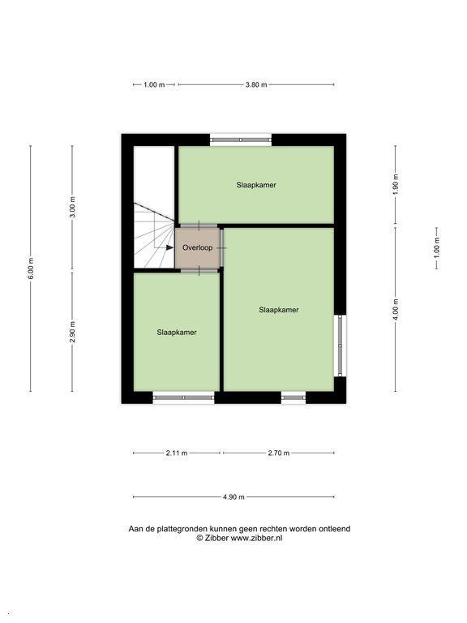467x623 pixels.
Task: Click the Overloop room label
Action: [197, 247]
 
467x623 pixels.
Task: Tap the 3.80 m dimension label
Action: [256, 84]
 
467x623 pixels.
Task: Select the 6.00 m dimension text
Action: [31, 269]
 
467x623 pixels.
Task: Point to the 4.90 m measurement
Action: [233, 496]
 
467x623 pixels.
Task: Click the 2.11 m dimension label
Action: [177, 453]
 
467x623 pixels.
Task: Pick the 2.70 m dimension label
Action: [279, 453]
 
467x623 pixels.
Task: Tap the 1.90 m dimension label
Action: [396, 185]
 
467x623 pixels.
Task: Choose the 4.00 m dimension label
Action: [396, 310]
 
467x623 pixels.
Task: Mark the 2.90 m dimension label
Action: [72, 331]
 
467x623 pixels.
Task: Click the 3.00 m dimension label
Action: [72, 208]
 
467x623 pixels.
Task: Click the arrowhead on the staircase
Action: [169, 247]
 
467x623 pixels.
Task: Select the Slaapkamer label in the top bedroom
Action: [256, 185]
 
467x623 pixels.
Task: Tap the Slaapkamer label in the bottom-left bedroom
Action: [177, 332]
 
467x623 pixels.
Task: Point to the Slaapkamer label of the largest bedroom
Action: [279, 310]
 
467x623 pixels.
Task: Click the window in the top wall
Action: [241, 140]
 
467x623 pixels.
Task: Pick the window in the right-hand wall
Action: [341, 346]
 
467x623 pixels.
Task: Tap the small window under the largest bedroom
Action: [293, 397]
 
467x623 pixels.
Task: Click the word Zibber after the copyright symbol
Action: [216, 538]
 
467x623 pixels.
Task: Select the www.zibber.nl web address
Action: [256, 538]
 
